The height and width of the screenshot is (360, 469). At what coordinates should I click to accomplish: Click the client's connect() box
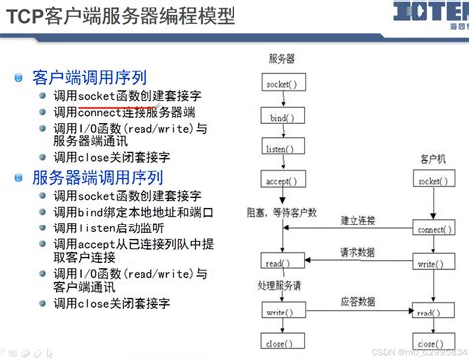[430, 229]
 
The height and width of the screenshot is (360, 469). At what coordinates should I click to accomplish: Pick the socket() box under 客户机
[430, 182]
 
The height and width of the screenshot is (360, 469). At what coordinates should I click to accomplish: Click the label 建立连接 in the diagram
[359, 219]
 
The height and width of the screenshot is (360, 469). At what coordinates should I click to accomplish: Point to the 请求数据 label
[357, 252]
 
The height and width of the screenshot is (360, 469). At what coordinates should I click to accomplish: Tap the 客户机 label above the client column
[431, 158]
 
